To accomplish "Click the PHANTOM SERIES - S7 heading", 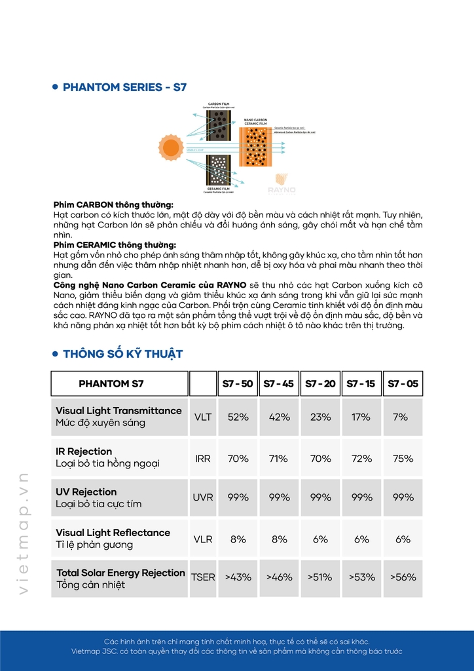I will pyautogui.click(x=124, y=87).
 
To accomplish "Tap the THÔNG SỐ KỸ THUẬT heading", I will pyautogui.click(x=122, y=354).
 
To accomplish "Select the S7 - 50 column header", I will pyautogui.click(x=238, y=383).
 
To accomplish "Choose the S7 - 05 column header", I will pyautogui.click(x=403, y=383).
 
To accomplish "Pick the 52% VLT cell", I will pyautogui.click(x=238, y=417).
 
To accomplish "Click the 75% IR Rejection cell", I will pyautogui.click(x=403, y=458).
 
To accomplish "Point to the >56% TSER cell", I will pyautogui.click(x=403, y=577).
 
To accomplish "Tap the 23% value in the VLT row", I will pyautogui.click(x=320, y=417).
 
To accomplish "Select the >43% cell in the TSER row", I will pyautogui.click(x=238, y=577).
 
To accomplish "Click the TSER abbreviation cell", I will pyautogui.click(x=203, y=577).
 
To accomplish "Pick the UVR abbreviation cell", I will pyautogui.click(x=203, y=498).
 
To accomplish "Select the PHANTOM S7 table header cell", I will pyautogui.click(x=111, y=383).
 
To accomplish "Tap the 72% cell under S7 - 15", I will pyautogui.click(x=361, y=458).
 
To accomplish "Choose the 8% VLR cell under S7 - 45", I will pyautogui.click(x=279, y=539).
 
